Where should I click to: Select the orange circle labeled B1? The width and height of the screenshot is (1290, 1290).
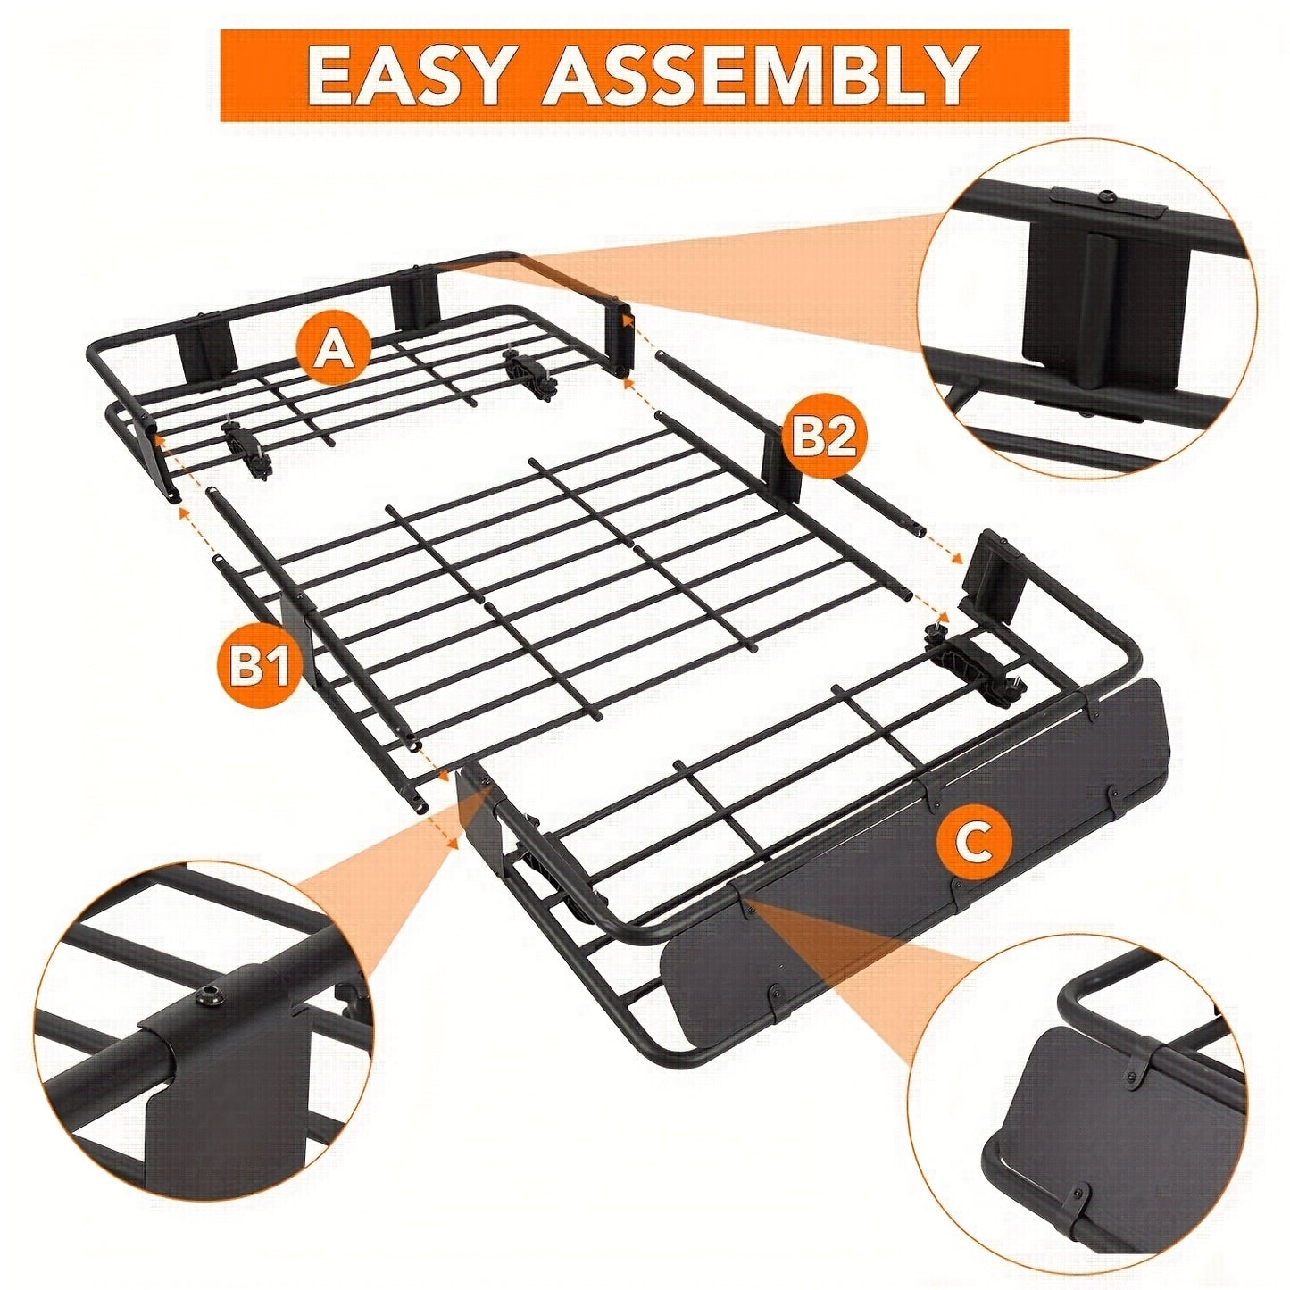254,668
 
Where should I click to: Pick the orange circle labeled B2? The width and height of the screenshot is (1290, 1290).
824,437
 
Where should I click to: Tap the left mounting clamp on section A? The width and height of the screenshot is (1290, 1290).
246,449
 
